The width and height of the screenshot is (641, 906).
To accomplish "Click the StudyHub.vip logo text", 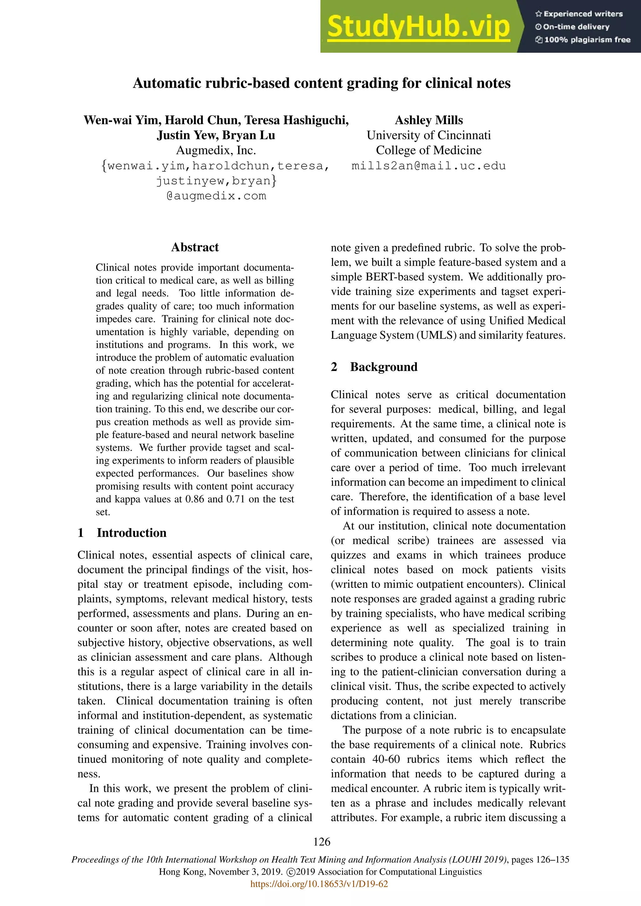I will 418,27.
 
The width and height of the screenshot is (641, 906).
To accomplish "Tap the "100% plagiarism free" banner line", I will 583,40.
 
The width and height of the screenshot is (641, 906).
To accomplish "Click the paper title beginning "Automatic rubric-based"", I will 321,83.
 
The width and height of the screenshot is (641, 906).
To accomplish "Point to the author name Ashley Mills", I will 429,120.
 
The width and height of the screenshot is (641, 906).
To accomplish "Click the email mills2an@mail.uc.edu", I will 429,166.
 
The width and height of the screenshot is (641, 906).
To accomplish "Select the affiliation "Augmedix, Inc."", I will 216,150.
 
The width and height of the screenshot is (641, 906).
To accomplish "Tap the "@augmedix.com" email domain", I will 216,196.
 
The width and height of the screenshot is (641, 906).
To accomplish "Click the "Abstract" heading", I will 195,247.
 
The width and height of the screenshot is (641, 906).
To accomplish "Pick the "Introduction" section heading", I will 131,533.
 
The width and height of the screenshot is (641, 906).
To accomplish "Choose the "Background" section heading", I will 383,367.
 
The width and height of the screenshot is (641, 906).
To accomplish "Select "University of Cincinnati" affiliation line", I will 429,135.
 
